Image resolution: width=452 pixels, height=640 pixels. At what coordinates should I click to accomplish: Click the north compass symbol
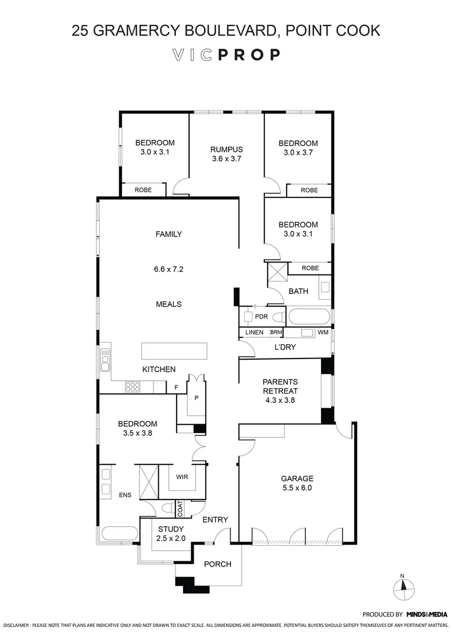pos(404,588)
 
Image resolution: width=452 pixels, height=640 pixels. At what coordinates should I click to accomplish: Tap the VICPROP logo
pos(226,55)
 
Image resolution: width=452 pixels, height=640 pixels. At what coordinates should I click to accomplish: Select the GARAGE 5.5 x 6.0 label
pos(297,483)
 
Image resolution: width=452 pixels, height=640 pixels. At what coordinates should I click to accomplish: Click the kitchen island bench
pos(174,351)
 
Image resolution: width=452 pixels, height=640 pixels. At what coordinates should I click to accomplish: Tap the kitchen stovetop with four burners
pos(132,387)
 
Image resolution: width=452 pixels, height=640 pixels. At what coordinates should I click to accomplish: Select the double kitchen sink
pos(105,359)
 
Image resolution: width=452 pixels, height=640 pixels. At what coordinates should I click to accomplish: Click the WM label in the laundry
pos(322,332)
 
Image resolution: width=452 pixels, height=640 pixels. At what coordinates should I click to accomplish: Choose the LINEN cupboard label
pos(254,332)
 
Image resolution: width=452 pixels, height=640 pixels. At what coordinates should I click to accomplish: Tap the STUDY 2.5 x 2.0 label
pos(171,533)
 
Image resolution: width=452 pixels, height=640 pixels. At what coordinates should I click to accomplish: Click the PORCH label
pos(217,564)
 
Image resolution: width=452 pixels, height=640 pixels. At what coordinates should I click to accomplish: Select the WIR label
pos(182,475)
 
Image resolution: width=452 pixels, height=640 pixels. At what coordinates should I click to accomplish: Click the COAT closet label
pos(180,508)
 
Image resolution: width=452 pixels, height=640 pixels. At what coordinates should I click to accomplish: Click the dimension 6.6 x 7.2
pos(168,269)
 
